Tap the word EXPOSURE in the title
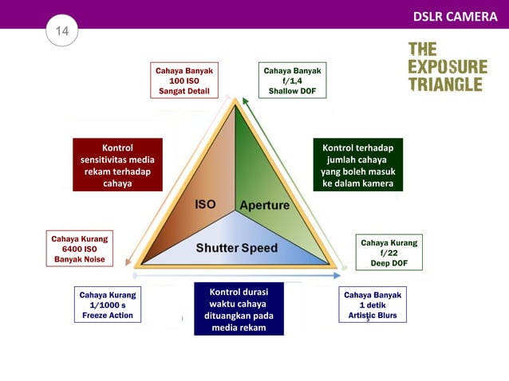pos(447,66)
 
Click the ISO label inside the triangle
pos(205,204)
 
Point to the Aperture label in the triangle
pos(265,205)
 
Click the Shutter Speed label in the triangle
pos(238,248)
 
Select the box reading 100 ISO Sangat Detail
pos(184,81)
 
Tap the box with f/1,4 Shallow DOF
pos(292,81)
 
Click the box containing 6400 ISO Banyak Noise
pos(79,249)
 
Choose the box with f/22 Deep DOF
pos(389,253)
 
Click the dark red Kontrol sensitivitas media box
pos(117,165)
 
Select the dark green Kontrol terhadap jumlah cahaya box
pos(357,166)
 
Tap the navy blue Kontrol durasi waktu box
pos(239,308)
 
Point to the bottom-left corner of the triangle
pos(137,264)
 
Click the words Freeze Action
pos(107,316)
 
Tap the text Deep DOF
pos(389,264)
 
